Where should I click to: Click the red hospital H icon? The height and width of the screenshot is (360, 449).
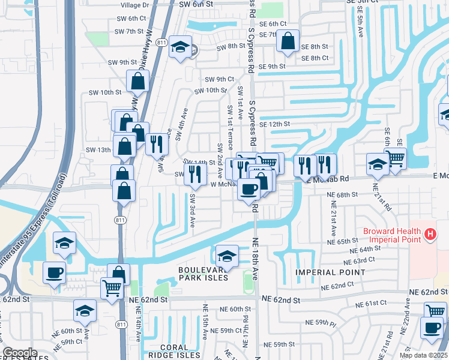[429, 234]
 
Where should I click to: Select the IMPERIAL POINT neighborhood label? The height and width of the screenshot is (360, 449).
[330, 272]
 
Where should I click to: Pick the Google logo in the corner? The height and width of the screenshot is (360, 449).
[20, 353]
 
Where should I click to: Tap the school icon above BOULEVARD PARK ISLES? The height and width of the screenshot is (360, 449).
[227, 256]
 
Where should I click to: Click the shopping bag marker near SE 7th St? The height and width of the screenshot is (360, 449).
[289, 41]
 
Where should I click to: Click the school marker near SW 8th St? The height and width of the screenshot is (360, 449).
[179, 47]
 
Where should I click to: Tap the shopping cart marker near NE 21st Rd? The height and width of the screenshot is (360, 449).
[395, 158]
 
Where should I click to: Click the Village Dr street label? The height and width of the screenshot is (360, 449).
[134, 5]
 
